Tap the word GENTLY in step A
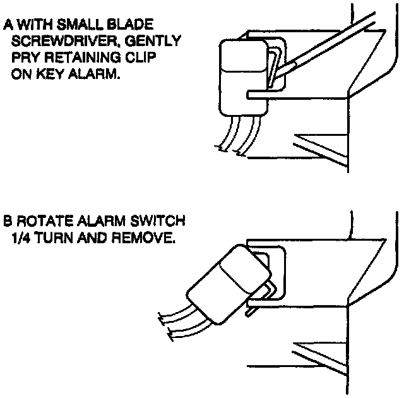pos(158,42)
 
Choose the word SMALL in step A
pos(82,26)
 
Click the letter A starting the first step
pos(8,26)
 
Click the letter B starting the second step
pos(8,222)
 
